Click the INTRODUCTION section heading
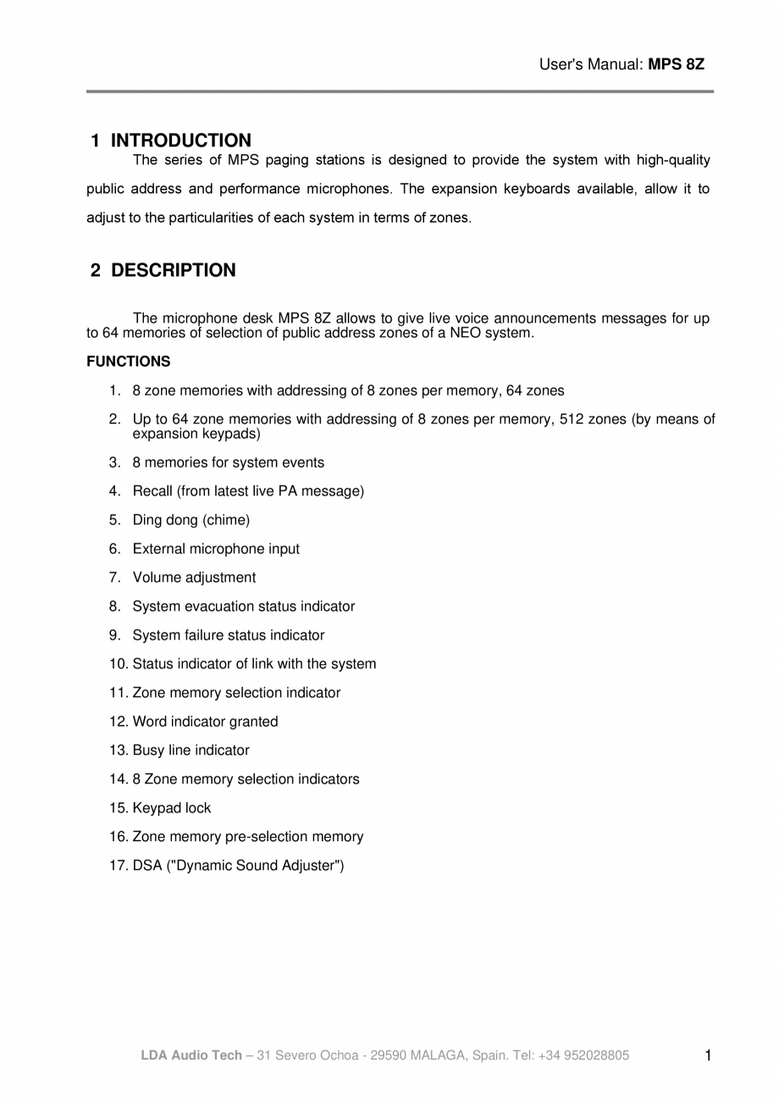coord(180,141)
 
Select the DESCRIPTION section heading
coord(173,270)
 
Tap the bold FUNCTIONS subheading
coord(128,362)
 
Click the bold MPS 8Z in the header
coord(676,64)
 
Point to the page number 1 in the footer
coord(708,1055)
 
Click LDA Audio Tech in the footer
coord(191,1055)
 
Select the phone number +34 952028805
coord(583,1055)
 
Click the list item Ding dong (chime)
coord(191,520)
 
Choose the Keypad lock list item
coord(171,808)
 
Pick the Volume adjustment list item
coord(194,578)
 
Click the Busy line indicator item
coord(191,750)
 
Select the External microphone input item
coord(216,549)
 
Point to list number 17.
coord(118,866)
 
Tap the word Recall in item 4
coord(152,491)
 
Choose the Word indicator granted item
coord(205,722)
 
